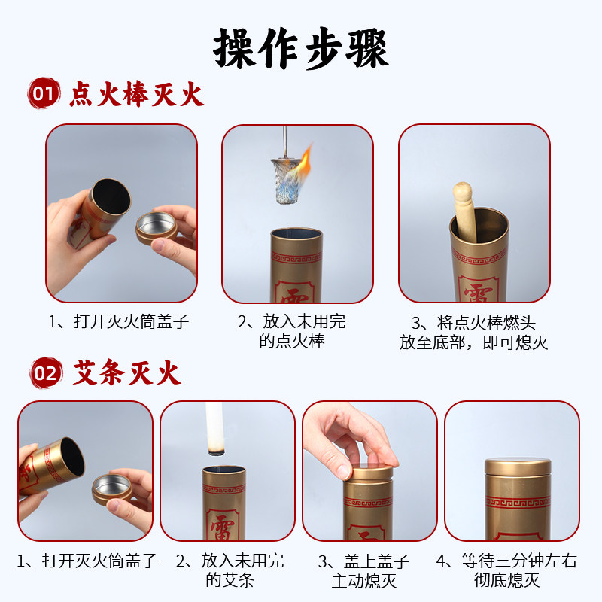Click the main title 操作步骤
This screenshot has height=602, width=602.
pos(301,48)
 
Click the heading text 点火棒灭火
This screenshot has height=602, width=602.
pos(137,96)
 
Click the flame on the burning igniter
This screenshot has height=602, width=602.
pos(303,161)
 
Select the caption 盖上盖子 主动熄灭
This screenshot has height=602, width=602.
pos(369,570)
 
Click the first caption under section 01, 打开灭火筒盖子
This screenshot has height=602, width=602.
pos(120,322)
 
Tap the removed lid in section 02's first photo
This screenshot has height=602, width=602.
pos(111,490)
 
